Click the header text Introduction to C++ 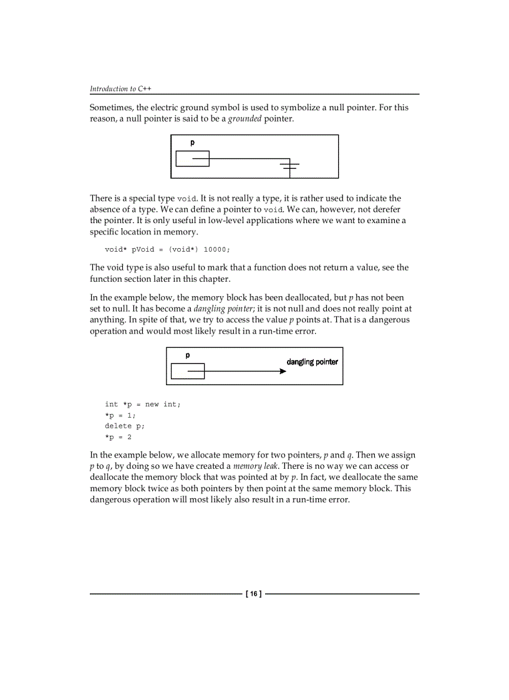click(x=120, y=89)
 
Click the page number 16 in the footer click(x=254, y=594)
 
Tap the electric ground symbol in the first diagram click(x=289, y=165)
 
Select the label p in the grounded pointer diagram click(x=192, y=143)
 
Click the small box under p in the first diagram click(x=192, y=159)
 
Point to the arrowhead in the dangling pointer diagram click(x=283, y=372)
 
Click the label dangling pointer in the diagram click(x=312, y=362)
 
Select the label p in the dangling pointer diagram click(x=187, y=355)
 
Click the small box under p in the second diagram click(x=187, y=372)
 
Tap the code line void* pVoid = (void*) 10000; click(x=167, y=249)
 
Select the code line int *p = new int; click(x=142, y=404)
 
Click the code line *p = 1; click(x=120, y=415)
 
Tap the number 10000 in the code click(x=217, y=249)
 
